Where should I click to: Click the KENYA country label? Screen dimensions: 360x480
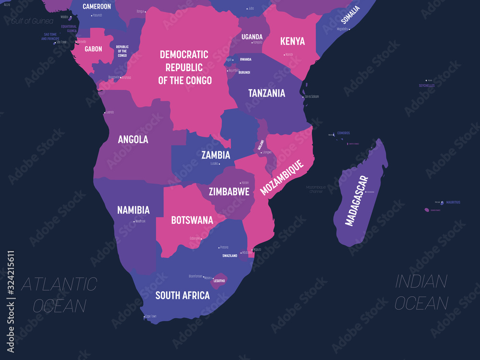[292, 41]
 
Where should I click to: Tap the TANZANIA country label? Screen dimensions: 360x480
[266, 93]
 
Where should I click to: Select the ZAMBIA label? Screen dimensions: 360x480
[216, 155]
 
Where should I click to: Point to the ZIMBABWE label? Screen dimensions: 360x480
[229, 192]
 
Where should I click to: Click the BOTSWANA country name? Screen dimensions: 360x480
[192, 220]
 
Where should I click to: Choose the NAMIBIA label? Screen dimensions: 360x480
[133, 210]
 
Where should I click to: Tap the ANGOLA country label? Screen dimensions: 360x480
[133, 140]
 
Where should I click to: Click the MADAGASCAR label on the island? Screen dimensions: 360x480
[357, 201]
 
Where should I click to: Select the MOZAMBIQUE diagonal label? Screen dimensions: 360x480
[282, 178]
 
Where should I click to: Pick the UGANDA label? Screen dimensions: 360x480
[252, 36]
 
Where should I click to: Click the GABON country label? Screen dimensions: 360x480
[93, 49]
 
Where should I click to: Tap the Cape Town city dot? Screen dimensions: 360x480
[144, 316]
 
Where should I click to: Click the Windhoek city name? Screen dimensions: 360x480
[140, 221]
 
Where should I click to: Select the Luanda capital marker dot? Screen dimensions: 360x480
[104, 112]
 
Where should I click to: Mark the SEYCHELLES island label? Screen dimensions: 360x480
[426, 85]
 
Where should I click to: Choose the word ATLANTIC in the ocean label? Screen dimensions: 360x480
[59, 284]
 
